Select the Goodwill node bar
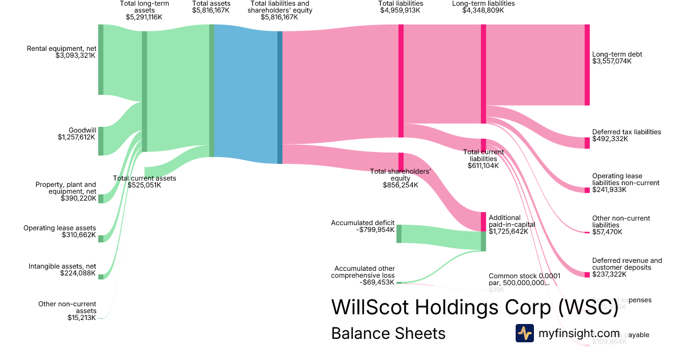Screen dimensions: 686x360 (101, 141)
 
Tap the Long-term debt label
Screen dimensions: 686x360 (617, 54)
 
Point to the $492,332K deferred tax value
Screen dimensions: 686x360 (609, 139)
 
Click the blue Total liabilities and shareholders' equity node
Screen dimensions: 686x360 (280, 97)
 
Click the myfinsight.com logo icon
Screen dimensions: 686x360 (524, 333)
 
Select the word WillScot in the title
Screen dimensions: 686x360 (378, 307)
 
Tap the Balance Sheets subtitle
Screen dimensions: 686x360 (388, 333)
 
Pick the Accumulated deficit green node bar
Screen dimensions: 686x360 (399, 234)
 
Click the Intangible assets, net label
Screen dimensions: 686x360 (62, 266)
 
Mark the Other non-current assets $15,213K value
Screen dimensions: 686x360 (82, 318)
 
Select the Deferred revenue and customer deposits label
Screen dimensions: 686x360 (627, 264)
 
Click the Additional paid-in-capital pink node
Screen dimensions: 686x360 (483, 221)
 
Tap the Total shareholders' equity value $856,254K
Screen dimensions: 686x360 (400, 185)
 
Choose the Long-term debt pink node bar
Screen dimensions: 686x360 (587, 65)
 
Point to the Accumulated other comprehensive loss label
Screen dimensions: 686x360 (364, 271)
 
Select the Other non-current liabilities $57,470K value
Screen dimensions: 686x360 (607, 232)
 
